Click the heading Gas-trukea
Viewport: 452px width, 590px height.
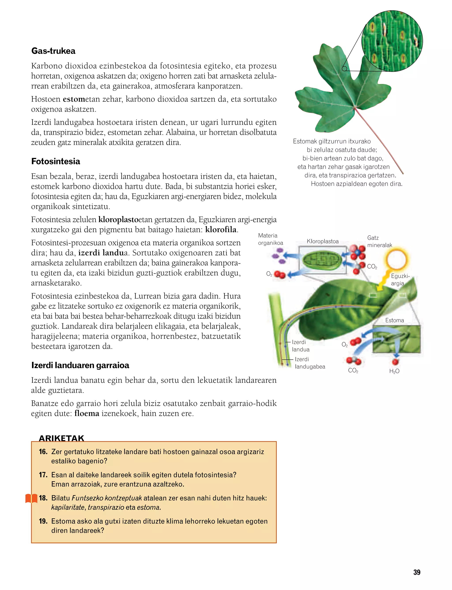[x=53, y=51]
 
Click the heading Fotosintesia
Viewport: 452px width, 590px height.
[x=56, y=161]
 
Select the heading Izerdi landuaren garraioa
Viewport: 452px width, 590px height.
[x=80, y=365]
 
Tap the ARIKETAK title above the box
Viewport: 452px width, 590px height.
[x=61, y=438]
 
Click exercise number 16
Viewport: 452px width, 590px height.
[x=43, y=452]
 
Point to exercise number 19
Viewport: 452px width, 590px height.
[x=43, y=521]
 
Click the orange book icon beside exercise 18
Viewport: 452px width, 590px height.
[x=31, y=498]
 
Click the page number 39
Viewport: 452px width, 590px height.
[x=417, y=573]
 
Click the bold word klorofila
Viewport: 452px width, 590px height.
[x=221, y=230]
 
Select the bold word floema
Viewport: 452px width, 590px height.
[x=87, y=413]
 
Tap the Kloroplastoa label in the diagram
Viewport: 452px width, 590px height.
[x=323, y=241]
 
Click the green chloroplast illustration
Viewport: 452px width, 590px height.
[x=322, y=260]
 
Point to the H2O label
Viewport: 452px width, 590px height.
[x=394, y=371]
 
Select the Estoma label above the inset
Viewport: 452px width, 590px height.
[x=394, y=320]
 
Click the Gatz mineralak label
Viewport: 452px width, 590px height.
[x=379, y=241]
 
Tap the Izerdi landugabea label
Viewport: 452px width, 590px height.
[x=310, y=363]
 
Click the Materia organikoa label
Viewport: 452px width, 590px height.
[x=270, y=239]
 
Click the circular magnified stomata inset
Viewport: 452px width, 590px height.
[x=392, y=41]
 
